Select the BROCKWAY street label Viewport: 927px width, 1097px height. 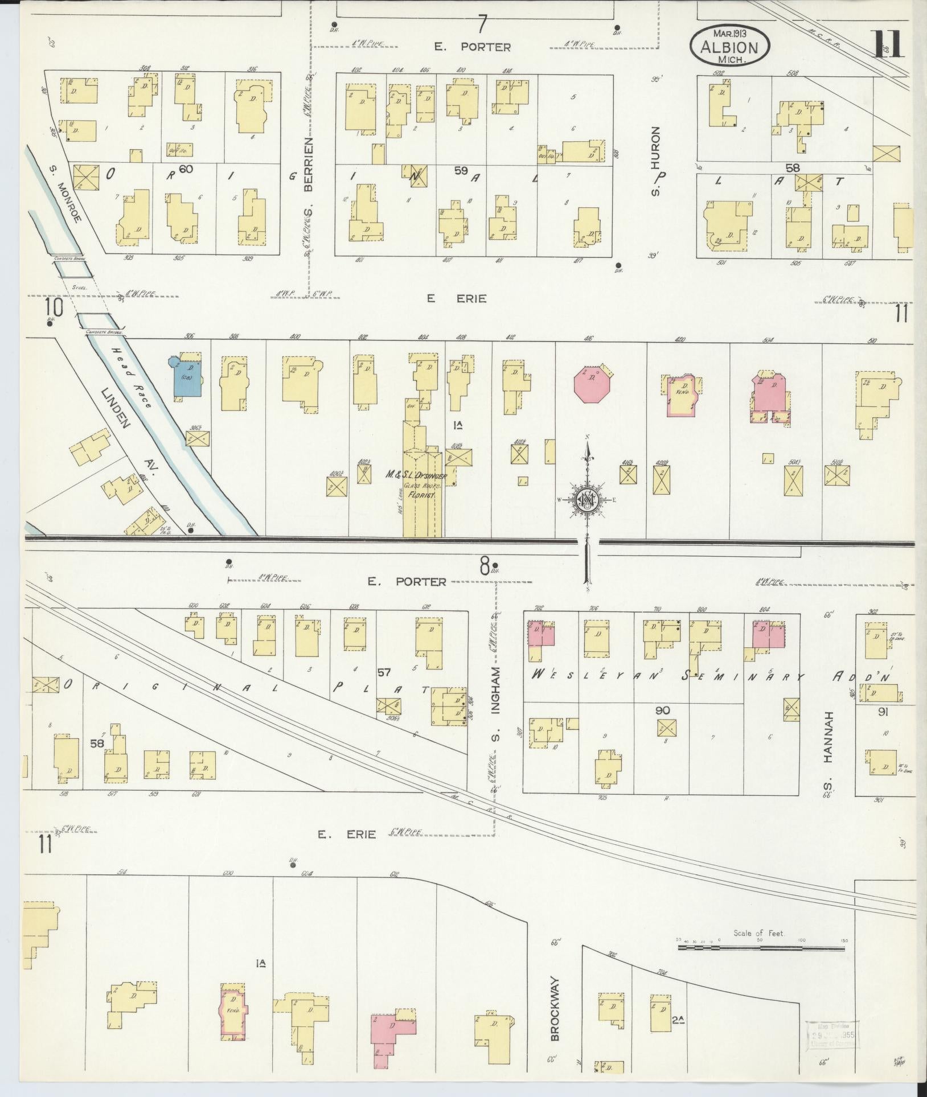pyautogui.click(x=556, y=1009)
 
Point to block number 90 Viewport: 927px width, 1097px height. pyautogui.click(x=662, y=710)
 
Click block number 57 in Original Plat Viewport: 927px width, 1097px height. pyautogui.click(x=384, y=673)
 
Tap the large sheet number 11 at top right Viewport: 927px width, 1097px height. pyautogui.click(x=888, y=44)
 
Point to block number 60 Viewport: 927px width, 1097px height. pyautogui.click(x=186, y=169)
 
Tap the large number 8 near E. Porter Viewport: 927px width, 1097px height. pyautogui.click(x=484, y=566)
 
